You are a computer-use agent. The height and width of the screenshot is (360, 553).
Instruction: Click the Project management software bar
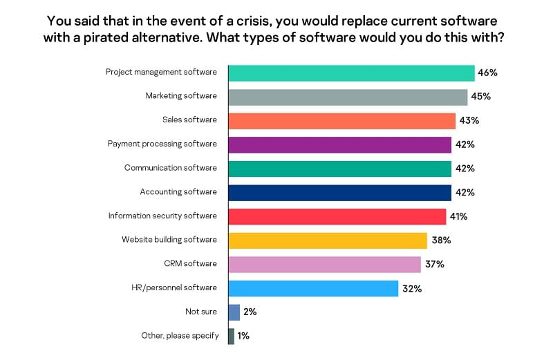(351, 73)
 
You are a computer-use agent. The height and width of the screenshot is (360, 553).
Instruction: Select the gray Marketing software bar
(348, 96)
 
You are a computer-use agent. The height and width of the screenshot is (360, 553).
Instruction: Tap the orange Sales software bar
(341, 120)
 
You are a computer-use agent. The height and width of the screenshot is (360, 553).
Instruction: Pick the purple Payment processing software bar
(339, 144)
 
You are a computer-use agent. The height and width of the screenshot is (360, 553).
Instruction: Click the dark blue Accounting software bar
(339, 192)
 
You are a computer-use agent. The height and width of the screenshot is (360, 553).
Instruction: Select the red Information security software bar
(337, 216)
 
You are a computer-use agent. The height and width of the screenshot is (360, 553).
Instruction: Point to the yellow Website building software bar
(327, 240)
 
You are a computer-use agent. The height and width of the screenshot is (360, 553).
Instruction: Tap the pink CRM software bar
(324, 264)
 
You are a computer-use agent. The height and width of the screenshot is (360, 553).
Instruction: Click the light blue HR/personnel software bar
(313, 288)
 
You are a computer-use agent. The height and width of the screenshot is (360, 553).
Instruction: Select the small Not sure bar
(234, 312)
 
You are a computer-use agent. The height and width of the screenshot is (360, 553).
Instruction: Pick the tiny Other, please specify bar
(231, 336)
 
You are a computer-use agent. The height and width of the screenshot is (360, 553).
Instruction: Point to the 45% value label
(480, 96)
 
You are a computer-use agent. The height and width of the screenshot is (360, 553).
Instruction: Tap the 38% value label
(441, 240)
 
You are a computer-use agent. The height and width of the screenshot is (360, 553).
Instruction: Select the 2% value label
(250, 312)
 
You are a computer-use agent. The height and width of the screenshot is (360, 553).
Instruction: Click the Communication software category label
(170, 168)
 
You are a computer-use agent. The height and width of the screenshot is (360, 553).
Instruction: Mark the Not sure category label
(200, 312)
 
